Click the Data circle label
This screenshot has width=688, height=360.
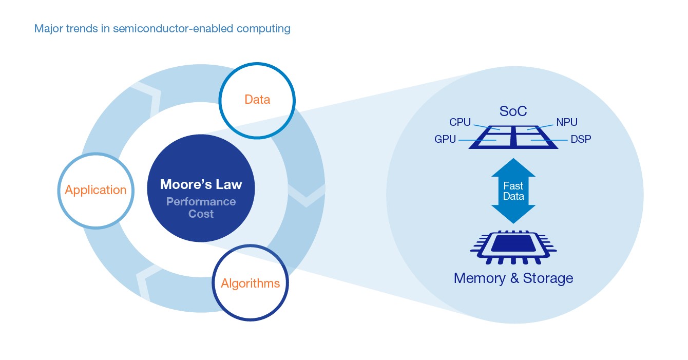tap(257, 99)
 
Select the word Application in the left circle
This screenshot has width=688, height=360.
tap(95, 190)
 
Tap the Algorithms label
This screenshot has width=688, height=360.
tap(250, 283)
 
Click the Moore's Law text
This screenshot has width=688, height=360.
tap(201, 184)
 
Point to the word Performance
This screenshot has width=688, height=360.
tap(201, 201)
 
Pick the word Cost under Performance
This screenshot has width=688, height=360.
tap(201, 214)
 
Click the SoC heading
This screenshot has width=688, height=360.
tap(513, 111)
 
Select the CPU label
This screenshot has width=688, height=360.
tap(460, 122)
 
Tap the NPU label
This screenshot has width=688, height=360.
tap(567, 122)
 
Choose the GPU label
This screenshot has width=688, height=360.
tap(445, 139)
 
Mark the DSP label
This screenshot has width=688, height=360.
tap(580, 139)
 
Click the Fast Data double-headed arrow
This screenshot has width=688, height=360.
tap(513, 191)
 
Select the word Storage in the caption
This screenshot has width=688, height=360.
tap(548, 278)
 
